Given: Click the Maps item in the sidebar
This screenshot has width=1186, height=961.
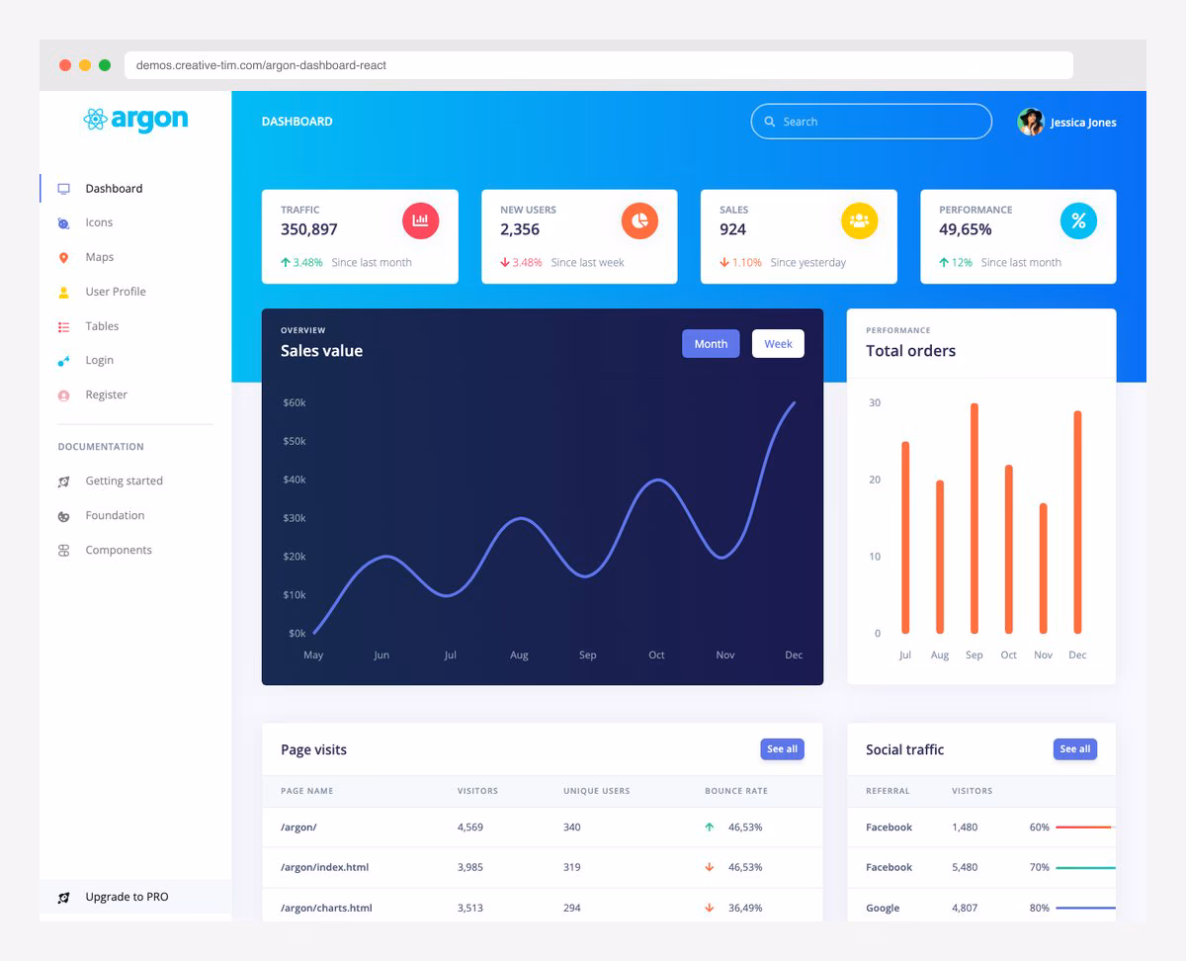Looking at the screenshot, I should pos(99,257).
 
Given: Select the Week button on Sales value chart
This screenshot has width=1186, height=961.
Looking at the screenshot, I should pos(778,344).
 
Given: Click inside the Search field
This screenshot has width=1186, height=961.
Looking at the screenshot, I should pos(880,122).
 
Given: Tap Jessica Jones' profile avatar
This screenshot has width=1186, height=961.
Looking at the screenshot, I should pos(1031,122).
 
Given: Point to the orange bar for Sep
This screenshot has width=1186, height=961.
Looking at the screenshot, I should pos(974,518).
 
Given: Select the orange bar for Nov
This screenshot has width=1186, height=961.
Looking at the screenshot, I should pos(1043,568).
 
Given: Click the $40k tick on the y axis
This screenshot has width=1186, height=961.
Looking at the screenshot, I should pos(295,480).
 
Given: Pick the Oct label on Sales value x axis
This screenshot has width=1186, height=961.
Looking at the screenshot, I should pos(656,655).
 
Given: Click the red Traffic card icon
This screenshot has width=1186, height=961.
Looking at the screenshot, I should pos(420,220).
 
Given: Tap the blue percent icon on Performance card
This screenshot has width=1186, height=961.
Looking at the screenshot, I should pos(1078,220).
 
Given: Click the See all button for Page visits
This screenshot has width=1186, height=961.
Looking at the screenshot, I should pos(782,749).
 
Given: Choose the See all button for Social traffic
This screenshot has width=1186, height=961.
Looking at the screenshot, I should pos(1074,749).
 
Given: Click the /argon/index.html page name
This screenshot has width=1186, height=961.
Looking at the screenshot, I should pos(324,867).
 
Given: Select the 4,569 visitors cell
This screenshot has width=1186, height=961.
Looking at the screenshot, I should pos(470,827).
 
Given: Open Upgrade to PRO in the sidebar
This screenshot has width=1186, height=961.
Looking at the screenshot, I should pos(127,897).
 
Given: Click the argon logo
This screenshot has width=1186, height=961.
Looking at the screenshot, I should pos(135,120).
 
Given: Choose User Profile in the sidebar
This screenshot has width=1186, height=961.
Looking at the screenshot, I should pos(115,292).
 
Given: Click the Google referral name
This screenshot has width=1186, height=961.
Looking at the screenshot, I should pos(883,908).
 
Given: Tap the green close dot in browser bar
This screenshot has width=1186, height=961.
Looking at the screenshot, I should pos(105,65).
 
